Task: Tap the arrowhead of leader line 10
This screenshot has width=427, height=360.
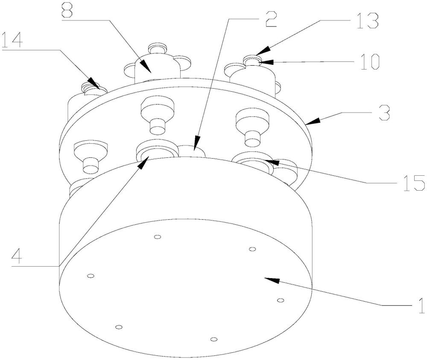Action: point(258,62)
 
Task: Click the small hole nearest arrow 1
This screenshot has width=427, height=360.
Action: point(280,301)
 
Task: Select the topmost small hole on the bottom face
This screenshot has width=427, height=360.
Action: point(157,237)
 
